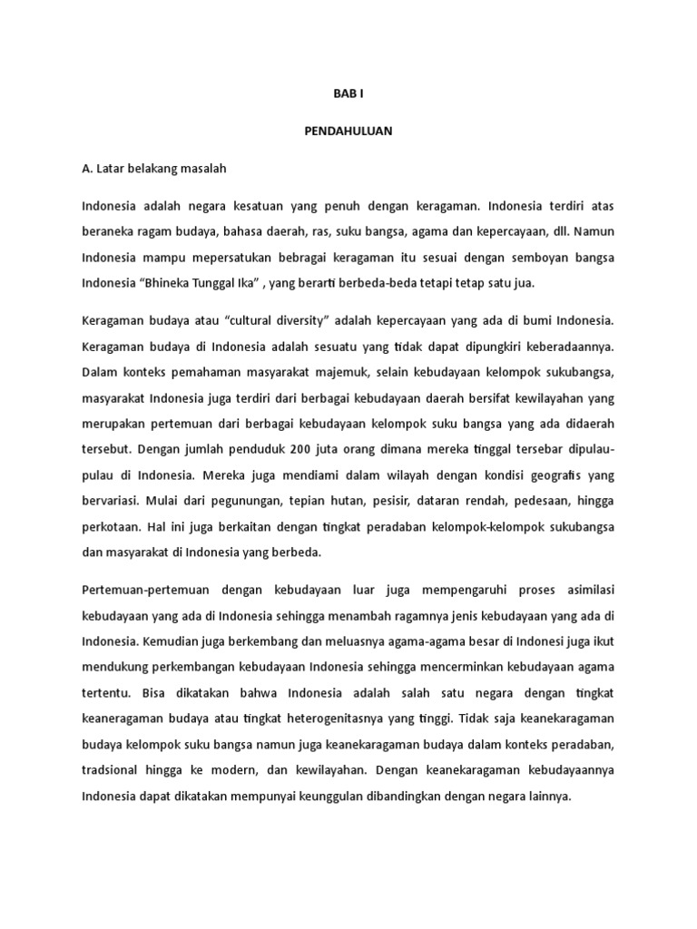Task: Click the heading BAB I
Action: click(x=348, y=93)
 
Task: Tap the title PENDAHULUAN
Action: click(x=348, y=131)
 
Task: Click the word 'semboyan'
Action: click(x=513, y=258)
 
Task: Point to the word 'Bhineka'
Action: click(x=175, y=283)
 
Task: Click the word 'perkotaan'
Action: click(x=110, y=524)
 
